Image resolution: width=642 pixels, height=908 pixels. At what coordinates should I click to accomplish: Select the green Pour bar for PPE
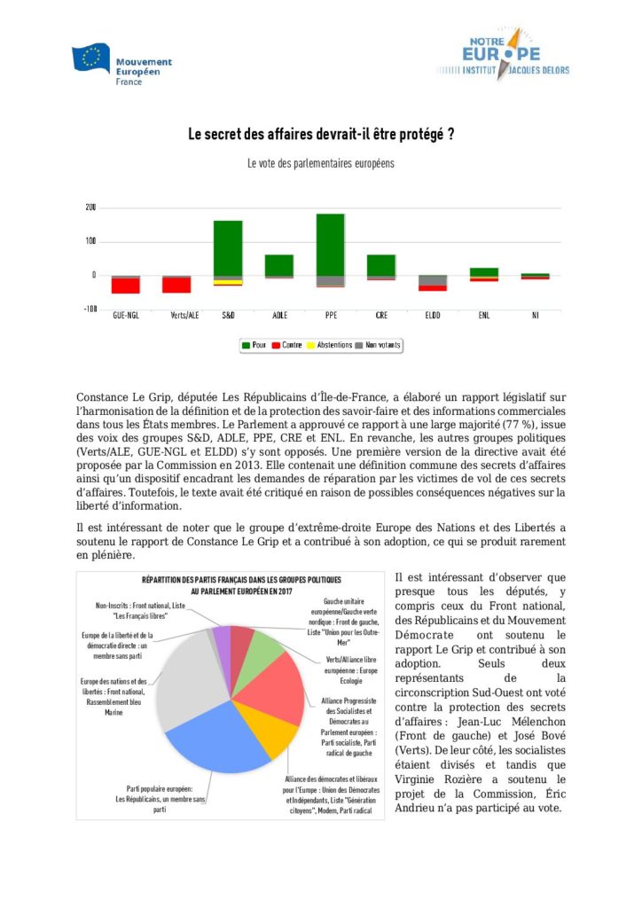click(x=330, y=244)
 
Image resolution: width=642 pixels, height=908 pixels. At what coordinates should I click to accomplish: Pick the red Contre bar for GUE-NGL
click(x=125, y=286)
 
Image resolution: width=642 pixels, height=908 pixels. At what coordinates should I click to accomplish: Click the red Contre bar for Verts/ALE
click(x=176, y=285)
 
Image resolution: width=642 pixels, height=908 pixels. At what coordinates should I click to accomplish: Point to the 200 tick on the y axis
click(x=90, y=207)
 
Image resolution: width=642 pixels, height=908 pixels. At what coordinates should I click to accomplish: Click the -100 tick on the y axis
click(x=89, y=309)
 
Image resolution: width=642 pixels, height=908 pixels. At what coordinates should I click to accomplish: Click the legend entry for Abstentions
click(x=329, y=345)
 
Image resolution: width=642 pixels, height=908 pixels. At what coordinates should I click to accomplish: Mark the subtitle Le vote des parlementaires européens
click(x=321, y=164)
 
